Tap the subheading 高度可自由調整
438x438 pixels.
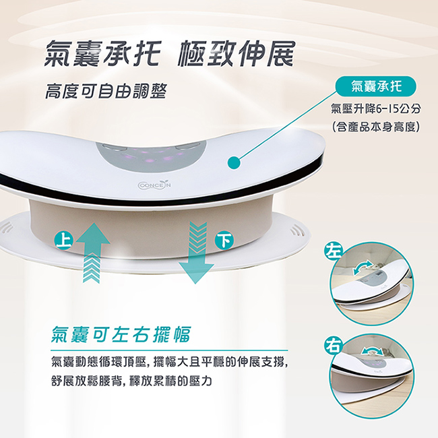point(105,90)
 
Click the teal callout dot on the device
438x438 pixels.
point(234,162)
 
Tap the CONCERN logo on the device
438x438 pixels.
point(155,183)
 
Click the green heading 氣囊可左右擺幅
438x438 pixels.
point(120,334)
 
